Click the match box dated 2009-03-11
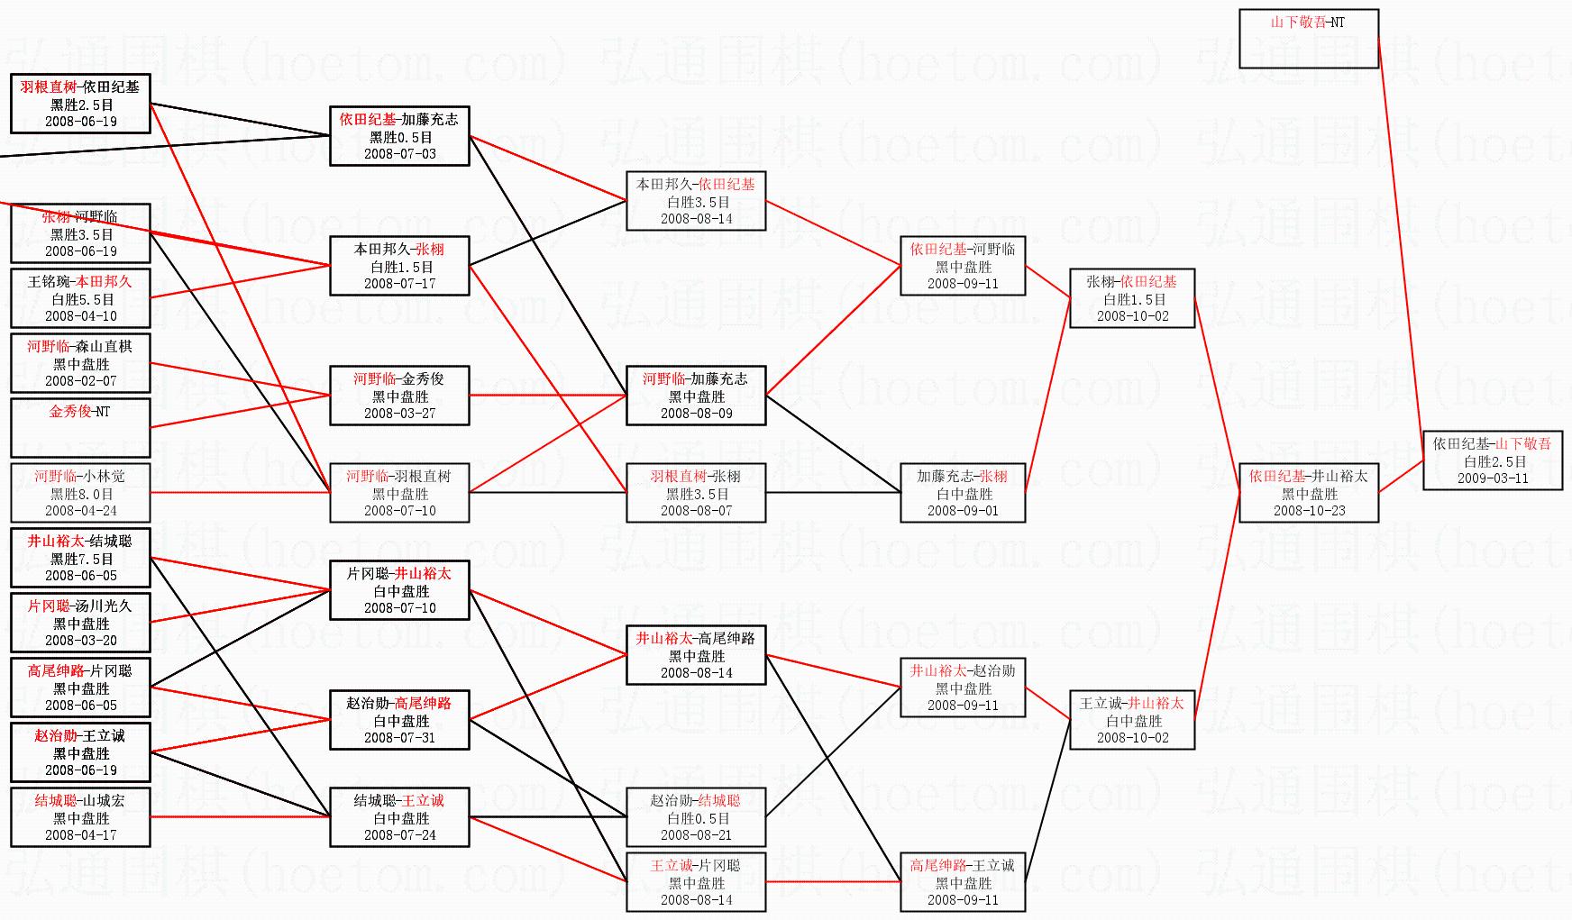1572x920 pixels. (x=1493, y=460)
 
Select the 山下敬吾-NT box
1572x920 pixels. (x=1309, y=39)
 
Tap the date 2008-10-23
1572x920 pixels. (x=1309, y=511)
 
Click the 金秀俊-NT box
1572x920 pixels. (x=80, y=427)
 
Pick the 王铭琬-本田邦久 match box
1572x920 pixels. (x=80, y=298)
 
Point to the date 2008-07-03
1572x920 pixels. (x=399, y=154)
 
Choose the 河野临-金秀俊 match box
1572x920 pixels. (x=399, y=396)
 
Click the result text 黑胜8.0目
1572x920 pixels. (x=81, y=494)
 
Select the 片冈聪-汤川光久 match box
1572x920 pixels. (x=80, y=623)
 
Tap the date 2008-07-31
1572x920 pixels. (x=399, y=738)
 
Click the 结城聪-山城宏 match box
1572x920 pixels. (x=80, y=817)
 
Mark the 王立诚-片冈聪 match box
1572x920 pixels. (x=696, y=882)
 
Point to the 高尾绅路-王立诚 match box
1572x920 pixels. (x=963, y=882)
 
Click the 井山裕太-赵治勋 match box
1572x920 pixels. (x=963, y=688)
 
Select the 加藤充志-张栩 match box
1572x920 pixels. (x=963, y=493)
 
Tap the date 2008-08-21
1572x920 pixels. (x=696, y=835)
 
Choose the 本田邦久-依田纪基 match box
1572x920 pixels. (x=696, y=201)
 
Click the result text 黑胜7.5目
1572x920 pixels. (x=81, y=559)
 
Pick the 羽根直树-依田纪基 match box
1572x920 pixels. (x=80, y=104)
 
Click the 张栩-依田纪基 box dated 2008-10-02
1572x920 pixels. (x=1132, y=298)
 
